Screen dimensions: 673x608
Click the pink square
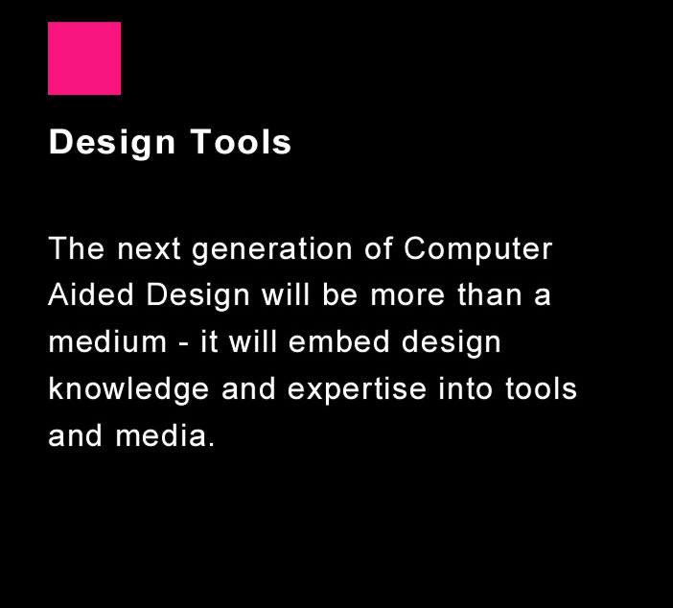click(x=84, y=58)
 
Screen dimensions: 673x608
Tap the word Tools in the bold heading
click(x=242, y=141)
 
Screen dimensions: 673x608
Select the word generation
click(x=272, y=250)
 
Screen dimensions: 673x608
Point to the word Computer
click(x=477, y=249)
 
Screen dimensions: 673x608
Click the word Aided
click(x=91, y=294)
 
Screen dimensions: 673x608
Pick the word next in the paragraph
click(x=149, y=250)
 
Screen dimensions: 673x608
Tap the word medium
click(x=107, y=341)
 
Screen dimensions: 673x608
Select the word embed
click(x=339, y=341)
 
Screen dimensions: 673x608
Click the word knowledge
click(x=128, y=389)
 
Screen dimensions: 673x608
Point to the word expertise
click(x=357, y=390)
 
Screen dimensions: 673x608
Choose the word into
click(x=465, y=388)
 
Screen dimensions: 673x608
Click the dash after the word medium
click(x=184, y=344)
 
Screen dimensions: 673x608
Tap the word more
click(x=407, y=296)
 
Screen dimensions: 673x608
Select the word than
click(x=489, y=294)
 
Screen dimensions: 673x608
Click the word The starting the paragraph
click(x=77, y=248)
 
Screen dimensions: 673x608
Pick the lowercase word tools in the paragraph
click(x=541, y=388)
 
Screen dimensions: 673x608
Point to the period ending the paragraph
click(x=211, y=445)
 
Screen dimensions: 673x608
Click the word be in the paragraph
click(x=340, y=294)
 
